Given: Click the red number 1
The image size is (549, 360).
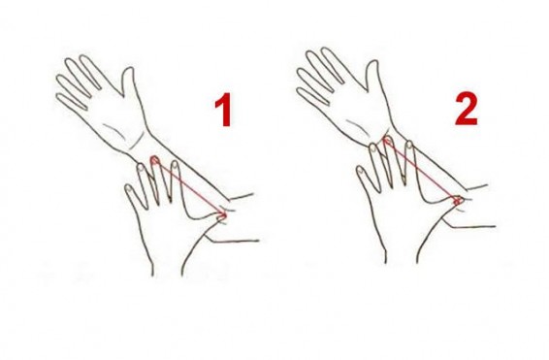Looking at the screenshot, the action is click(223, 110).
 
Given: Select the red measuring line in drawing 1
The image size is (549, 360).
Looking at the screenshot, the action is click(189, 187).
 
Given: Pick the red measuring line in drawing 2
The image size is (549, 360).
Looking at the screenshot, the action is click(421, 170).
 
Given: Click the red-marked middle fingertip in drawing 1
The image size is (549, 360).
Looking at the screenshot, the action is click(154, 161).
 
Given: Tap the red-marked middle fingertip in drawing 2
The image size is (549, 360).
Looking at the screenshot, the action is click(386, 141).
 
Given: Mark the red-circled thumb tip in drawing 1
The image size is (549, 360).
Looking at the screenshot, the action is click(222, 215).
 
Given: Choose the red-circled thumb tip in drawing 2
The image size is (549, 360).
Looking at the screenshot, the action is click(458, 201).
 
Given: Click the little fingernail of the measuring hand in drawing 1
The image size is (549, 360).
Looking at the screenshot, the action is click(129, 189).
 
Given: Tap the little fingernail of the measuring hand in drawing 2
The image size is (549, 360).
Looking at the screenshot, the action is click(360, 171).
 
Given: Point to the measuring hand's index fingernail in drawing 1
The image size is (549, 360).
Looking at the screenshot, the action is click(175, 164).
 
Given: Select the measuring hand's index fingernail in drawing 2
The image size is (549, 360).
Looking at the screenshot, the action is click(409, 145).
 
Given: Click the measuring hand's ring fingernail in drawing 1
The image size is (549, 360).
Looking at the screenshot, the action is click(141, 168).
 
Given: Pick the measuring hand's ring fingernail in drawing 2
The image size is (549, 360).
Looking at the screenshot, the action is click(372, 148).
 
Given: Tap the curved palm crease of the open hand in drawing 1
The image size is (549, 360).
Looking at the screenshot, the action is click(113, 131).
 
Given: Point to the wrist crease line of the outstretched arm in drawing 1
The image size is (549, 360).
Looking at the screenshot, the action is click(138, 141).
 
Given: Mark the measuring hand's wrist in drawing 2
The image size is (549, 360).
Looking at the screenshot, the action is click(402, 254).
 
